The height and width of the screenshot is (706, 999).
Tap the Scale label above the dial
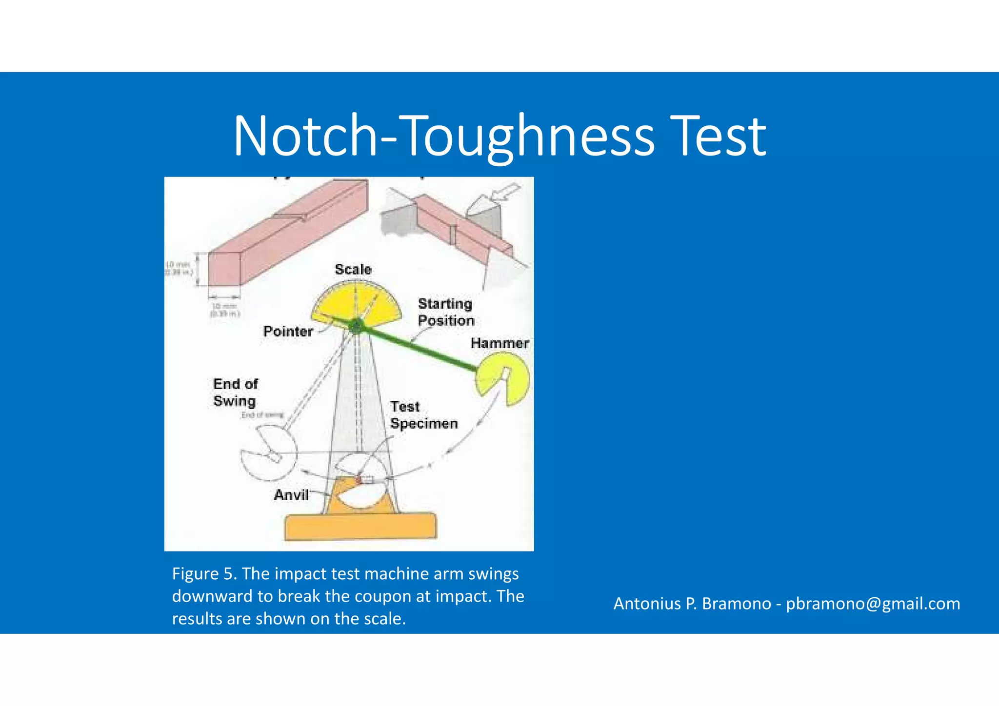pos(353,269)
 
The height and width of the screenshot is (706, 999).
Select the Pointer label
pos(288,332)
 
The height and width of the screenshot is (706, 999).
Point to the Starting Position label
pos(446,312)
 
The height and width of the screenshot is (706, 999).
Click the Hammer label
pos(499,343)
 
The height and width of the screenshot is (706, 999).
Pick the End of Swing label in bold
pos(235,392)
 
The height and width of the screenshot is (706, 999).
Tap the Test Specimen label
pos(423,415)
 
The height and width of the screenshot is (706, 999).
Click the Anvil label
pos(291,495)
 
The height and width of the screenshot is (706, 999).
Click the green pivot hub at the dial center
pos(357,325)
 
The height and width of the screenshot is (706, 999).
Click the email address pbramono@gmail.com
pos(873,604)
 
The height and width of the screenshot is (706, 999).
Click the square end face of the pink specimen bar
pos(224,269)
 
